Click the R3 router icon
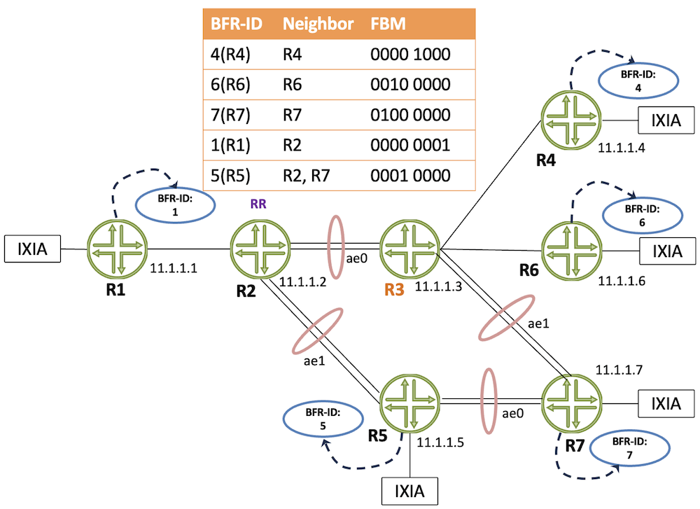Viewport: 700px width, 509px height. coord(409,249)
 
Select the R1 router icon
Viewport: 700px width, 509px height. coord(117,249)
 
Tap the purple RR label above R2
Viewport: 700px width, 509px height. coord(258,204)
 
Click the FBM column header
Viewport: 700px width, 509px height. coord(388,24)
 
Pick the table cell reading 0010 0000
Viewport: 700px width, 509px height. coord(410,85)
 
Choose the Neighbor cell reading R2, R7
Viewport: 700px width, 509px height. coord(307,176)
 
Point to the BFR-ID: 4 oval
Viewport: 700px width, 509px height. coord(638,81)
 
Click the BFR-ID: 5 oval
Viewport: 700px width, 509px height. coord(323,419)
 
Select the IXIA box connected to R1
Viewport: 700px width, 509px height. coord(33,249)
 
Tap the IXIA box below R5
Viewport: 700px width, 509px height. coord(409,491)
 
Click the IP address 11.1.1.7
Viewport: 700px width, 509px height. coord(619,370)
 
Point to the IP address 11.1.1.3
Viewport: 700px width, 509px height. coord(438,286)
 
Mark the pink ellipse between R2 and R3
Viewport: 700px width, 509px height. coord(336,247)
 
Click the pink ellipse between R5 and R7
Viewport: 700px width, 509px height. coord(489,401)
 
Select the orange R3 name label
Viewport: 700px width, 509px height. coord(394,290)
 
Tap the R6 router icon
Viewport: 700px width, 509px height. coord(571,251)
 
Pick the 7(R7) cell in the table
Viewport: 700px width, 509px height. coord(230,115)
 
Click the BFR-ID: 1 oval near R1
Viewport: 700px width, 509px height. coord(176,205)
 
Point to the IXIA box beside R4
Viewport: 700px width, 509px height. coord(666,120)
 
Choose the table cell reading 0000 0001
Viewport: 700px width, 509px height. coord(410,145)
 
